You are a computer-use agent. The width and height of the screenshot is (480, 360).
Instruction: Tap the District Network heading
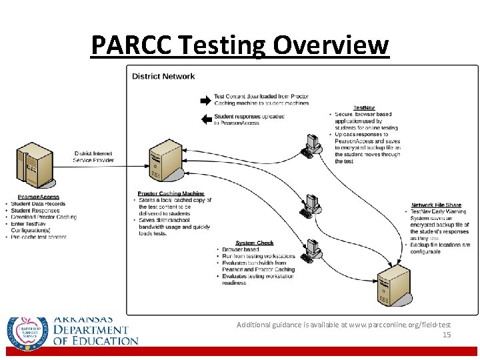(x=163, y=76)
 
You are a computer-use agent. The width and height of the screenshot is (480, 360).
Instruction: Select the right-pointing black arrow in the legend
(x=205, y=100)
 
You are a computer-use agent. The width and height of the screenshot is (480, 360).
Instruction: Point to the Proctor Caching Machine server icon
(x=163, y=163)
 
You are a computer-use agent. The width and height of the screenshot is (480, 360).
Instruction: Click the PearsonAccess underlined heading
(x=39, y=197)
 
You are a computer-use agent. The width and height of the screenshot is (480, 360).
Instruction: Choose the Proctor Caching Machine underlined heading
(x=171, y=194)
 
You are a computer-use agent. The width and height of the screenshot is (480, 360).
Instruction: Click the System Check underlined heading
(x=255, y=243)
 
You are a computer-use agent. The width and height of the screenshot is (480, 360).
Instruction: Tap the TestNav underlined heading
(x=364, y=107)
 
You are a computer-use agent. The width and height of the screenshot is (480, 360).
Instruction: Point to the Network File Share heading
(x=436, y=205)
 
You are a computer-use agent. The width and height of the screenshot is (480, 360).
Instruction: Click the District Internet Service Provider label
(x=94, y=157)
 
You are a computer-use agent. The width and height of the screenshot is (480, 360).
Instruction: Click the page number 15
(x=447, y=335)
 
